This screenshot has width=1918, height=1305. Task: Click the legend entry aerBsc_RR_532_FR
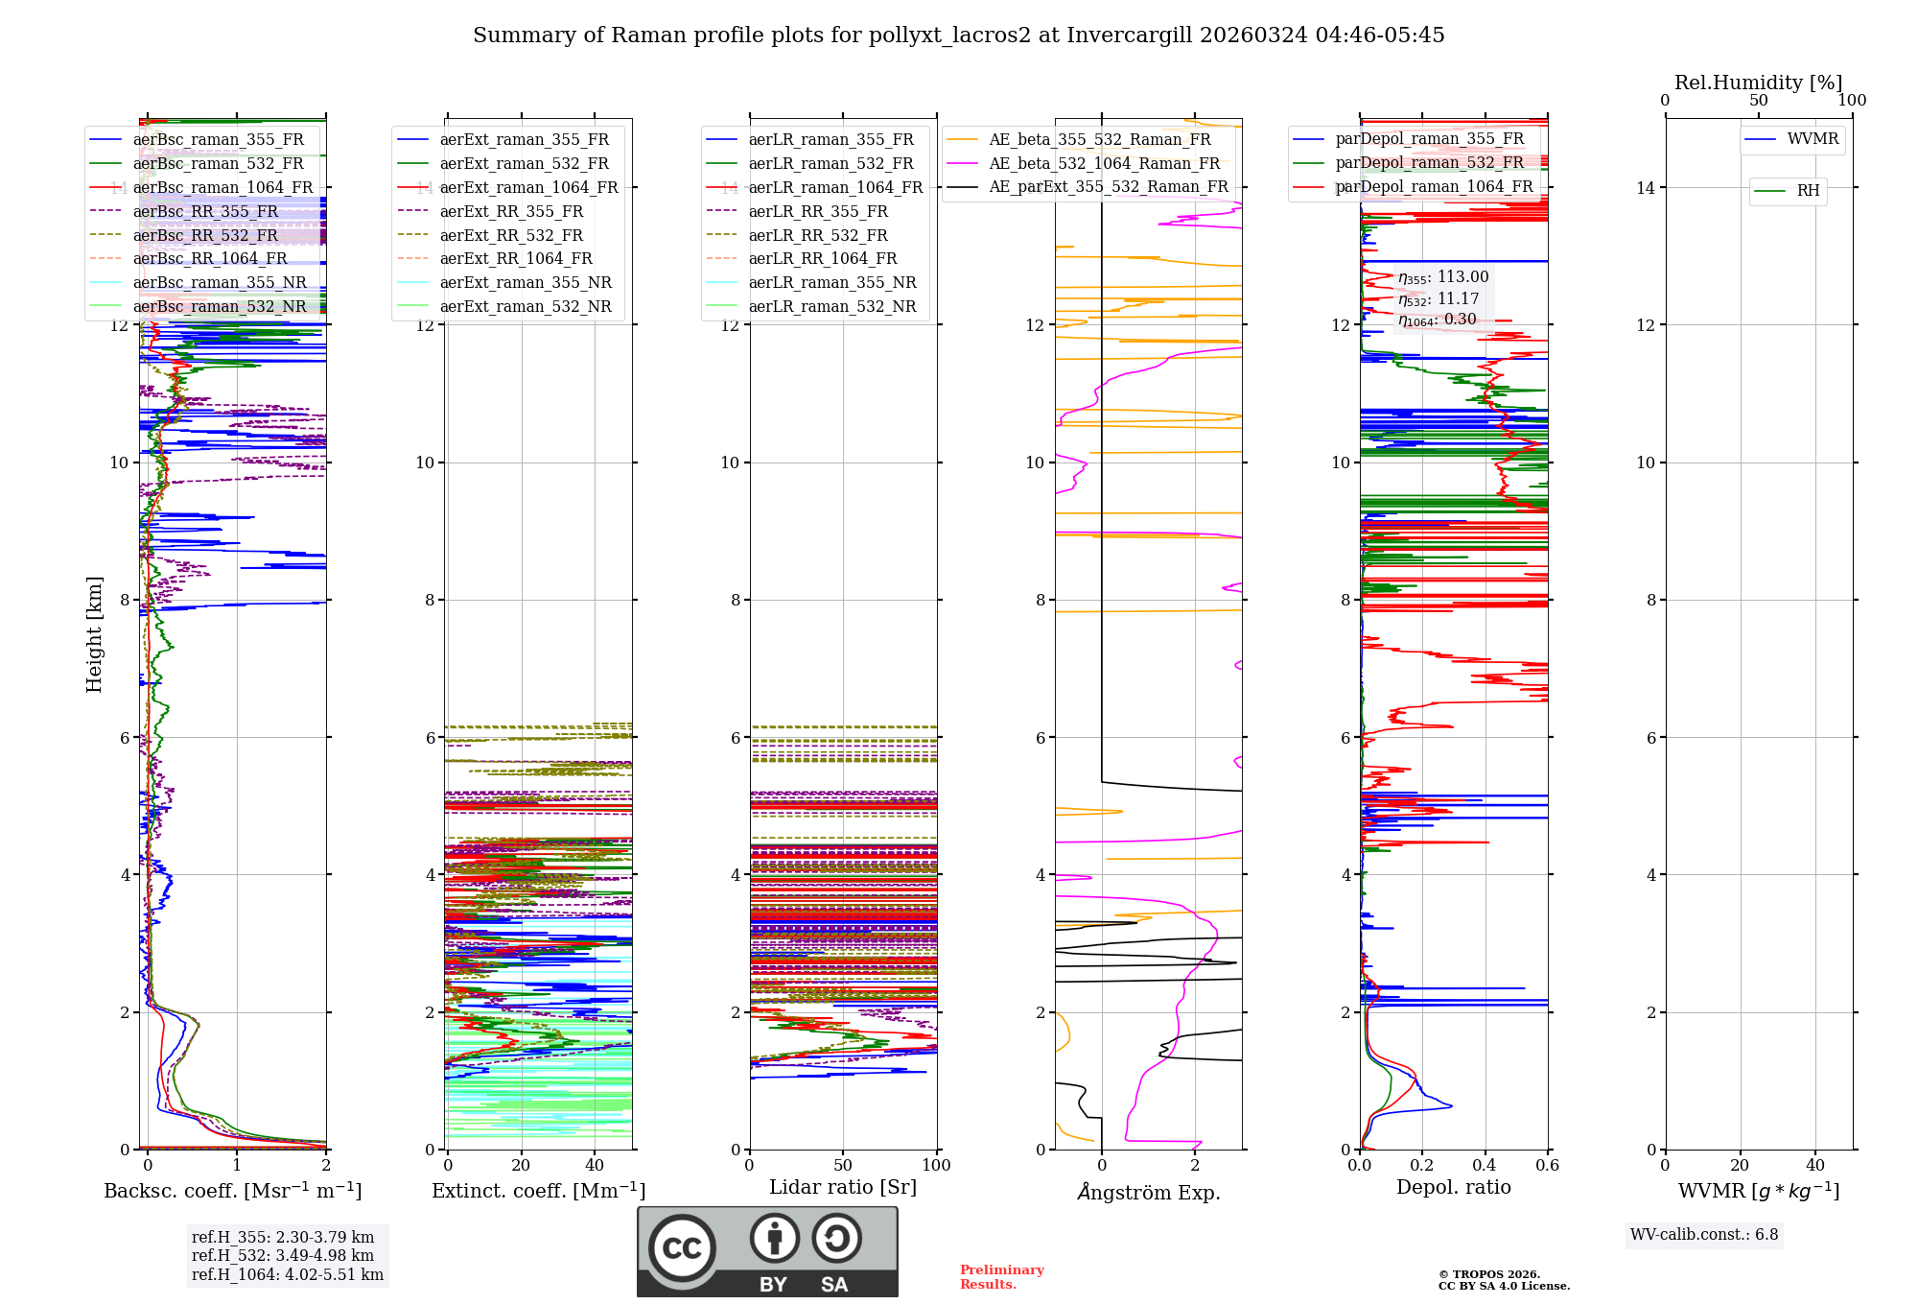pos(205,235)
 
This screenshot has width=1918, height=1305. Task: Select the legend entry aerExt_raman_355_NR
pos(526,282)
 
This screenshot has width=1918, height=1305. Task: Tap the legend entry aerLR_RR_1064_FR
pos(823,258)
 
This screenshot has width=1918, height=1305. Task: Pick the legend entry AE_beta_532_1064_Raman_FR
pos(1104,163)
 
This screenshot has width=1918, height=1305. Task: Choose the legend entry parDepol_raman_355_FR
pos(1429,139)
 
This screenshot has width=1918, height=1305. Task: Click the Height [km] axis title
pos(94,634)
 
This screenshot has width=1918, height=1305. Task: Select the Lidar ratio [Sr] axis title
pos(843,1187)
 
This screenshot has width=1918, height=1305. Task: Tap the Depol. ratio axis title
pos(1453,1187)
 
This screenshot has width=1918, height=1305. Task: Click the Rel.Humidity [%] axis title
pos(1758,83)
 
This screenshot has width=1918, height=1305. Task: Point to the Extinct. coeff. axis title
pos(538,1191)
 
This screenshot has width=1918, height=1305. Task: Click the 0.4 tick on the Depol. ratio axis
pos(1485,1165)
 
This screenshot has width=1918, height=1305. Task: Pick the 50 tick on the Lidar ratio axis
pos(843,1165)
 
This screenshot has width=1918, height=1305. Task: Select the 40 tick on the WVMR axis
pos(1815,1165)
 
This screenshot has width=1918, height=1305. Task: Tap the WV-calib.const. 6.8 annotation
pos(1704,1235)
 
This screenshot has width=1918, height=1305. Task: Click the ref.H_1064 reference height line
pos(287,1275)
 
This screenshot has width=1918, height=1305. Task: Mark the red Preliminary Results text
pos(1001,1277)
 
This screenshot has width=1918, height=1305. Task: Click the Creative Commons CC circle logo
pos(682,1248)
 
